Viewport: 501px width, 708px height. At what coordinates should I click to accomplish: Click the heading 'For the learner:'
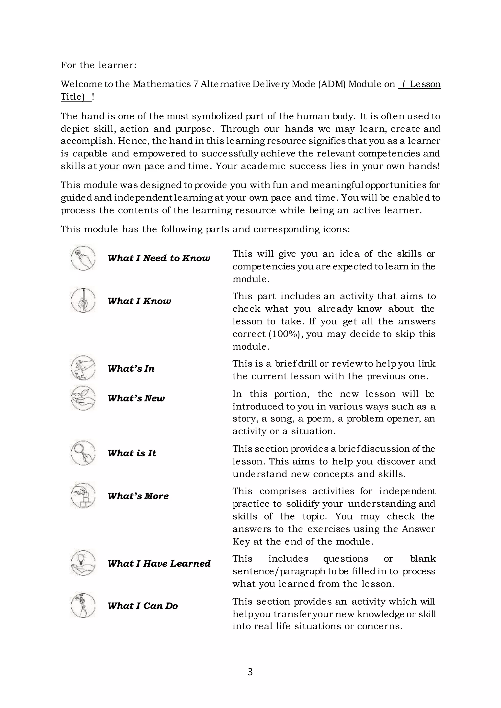[x=98, y=65]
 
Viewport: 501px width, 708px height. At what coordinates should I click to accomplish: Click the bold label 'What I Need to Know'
[x=159, y=258]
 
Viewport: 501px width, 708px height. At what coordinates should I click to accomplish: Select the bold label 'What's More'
[x=138, y=496]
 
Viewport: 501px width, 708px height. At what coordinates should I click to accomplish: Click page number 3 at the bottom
[x=250, y=672]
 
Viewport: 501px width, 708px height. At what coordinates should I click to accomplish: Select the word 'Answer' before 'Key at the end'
[x=418, y=529]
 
